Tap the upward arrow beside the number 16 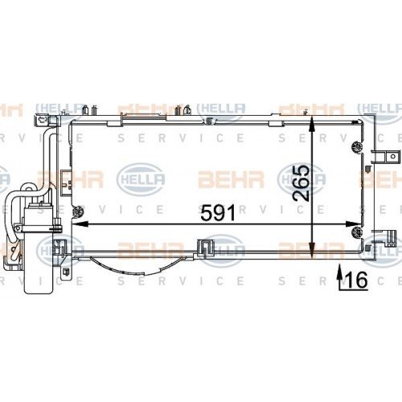click(338, 277)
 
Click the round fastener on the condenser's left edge click(77, 212)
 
